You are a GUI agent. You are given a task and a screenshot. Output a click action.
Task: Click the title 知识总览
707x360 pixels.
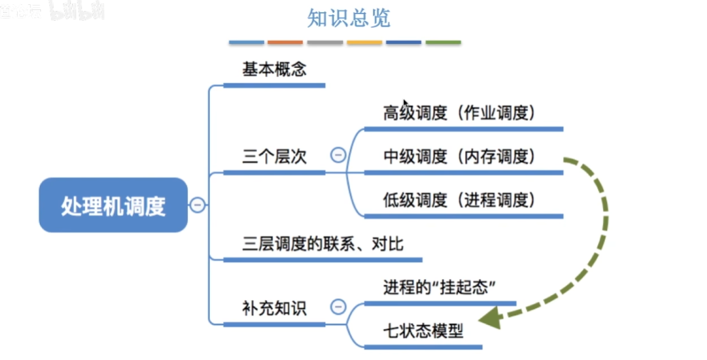point(348,18)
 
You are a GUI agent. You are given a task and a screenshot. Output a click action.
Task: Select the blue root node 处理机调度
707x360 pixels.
point(113,206)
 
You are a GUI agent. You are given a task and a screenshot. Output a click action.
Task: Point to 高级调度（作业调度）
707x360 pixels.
point(460,113)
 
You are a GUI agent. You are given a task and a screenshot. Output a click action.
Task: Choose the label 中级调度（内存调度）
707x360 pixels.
point(460,157)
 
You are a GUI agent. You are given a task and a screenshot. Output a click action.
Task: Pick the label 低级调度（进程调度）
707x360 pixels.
point(460,200)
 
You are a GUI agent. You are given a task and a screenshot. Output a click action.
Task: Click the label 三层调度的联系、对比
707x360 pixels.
point(323,244)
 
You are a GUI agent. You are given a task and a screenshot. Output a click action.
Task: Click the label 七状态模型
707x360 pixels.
point(423,331)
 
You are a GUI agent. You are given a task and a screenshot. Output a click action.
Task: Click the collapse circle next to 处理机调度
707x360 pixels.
point(197,205)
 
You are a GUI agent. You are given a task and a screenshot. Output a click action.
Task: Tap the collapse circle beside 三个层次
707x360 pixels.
point(338,156)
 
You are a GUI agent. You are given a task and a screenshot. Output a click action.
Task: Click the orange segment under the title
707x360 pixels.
point(285,43)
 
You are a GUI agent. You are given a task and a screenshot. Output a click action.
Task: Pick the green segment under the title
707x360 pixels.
point(443,43)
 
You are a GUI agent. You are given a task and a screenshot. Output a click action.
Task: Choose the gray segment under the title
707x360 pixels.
point(324,43)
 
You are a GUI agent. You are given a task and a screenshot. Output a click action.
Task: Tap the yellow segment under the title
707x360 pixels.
point(364,43)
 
